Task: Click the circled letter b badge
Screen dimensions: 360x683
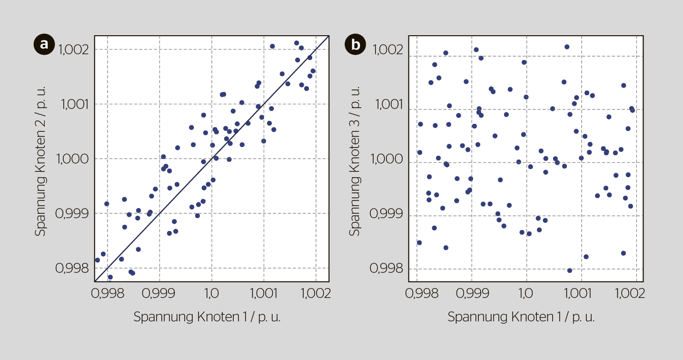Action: [x=355, y=44]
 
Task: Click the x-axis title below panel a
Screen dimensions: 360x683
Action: [x=207, y=317]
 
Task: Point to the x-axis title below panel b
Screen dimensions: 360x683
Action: [x=521, y=317]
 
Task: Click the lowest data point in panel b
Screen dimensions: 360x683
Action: [x=570, y=270]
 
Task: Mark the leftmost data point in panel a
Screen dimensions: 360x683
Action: [x=98, y=260]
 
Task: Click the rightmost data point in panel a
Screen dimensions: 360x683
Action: [x=313, y=71]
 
